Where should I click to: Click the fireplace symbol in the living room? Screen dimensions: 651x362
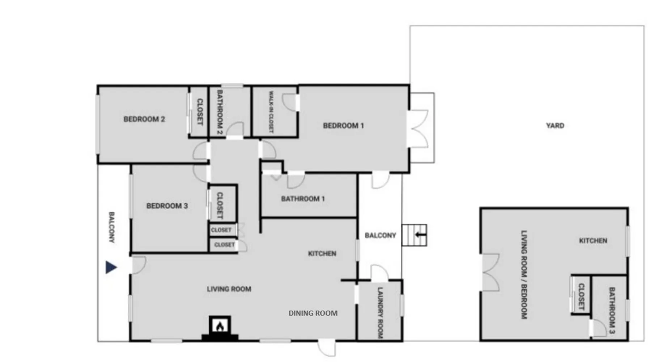coord(220,329)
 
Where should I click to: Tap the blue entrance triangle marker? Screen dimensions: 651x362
coord(111,267)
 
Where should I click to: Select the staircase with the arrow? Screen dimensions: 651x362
coord(414,235)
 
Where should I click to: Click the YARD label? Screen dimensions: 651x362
coord(555,126)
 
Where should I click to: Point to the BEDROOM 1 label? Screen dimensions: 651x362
coord(343,126)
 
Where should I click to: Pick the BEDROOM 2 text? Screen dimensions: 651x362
coord(144,119)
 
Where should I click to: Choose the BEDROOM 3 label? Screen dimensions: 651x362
coord(167,206)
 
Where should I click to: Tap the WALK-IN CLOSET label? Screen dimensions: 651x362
coord(271,111)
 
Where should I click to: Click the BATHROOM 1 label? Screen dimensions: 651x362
coord(303,199)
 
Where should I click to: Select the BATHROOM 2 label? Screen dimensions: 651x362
coord(220,112)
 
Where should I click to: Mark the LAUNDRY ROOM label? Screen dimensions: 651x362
coord(380,313)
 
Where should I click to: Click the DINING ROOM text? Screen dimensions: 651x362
coord(313,313)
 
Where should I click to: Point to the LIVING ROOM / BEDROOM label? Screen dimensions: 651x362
coord(524,275)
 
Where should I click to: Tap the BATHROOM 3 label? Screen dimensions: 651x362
coord(612,310)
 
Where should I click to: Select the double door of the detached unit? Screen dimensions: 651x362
coord(491,272)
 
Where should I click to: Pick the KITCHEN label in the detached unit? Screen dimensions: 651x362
coord(593,241)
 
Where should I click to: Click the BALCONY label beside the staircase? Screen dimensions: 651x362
coord(380,236)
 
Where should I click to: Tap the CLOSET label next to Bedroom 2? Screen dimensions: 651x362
coord(200,112)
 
